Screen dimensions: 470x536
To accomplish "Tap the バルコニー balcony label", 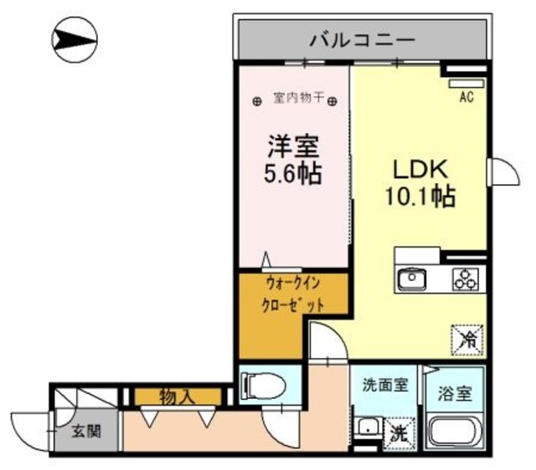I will pos(361,38).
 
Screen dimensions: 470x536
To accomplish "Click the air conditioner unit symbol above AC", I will pos(466,83).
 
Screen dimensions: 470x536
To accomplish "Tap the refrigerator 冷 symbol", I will pos(467,338).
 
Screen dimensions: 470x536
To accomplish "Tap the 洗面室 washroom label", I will pos(384,386).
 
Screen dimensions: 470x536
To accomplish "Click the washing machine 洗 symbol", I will pos(399,432).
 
